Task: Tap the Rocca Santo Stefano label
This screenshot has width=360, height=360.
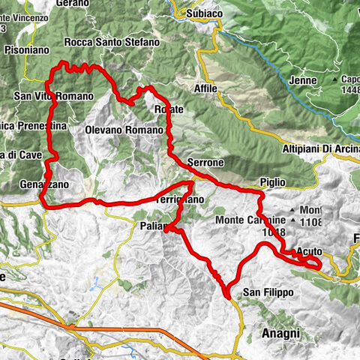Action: click(112, 43)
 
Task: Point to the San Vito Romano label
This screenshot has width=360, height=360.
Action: click(53, 96)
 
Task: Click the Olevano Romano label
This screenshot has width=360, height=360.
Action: click(123, 130)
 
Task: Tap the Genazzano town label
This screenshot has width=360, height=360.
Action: click(45, 184)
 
